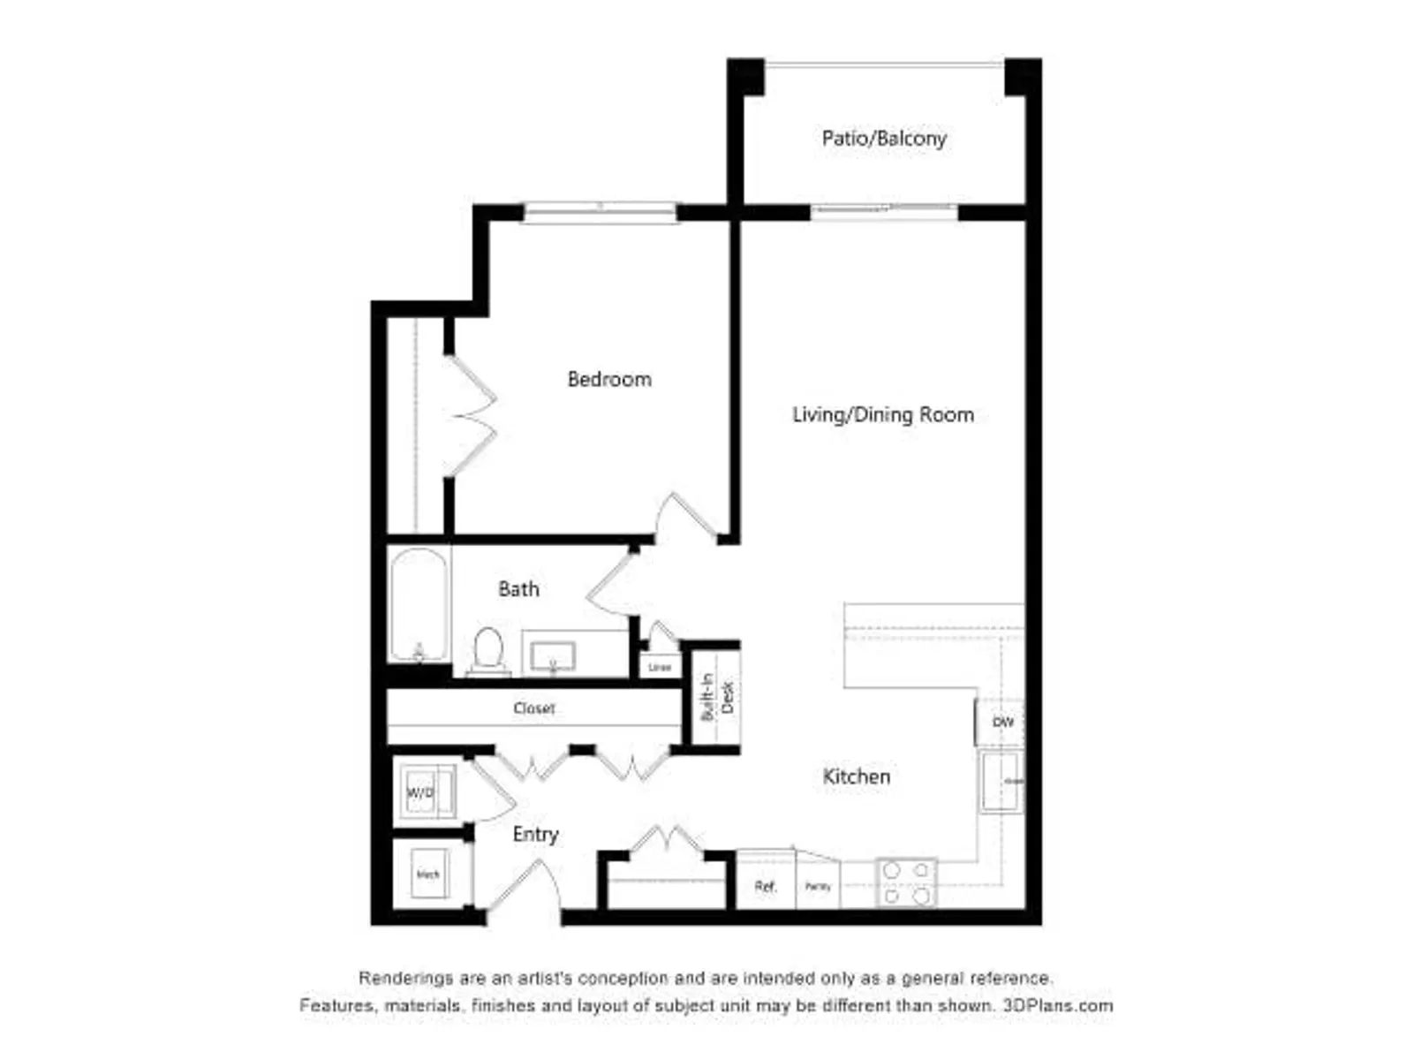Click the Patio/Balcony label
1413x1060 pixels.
[x=884, y=139]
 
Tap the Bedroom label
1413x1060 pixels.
[x=609, y=380]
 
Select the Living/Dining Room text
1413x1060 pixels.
[x=883, y=415]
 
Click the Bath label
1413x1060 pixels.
[x=518, y=589]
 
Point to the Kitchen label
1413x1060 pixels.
[x=857, y=777]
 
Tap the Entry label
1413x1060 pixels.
[x=535, y=835]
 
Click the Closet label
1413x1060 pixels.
[x=534, y=708]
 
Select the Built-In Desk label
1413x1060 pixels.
[x=716, y=697]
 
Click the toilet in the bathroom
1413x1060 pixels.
[x=488, y=652]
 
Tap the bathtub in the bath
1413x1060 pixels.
[x=419, y=604]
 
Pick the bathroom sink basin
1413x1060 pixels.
[x=553, y=656]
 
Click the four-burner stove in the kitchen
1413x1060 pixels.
[x=906, y=882]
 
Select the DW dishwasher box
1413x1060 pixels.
[x=1002, y=723]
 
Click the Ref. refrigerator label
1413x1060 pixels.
[x=766, y=886]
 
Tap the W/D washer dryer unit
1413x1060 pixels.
[x=422, y=792]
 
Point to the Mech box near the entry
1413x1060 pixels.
[x=428, y=874]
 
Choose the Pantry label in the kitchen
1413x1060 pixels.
[x=818, y=886]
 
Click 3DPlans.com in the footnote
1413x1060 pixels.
[x=1057, y=1005]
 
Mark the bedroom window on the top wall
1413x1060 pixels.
[x=601, y=212]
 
